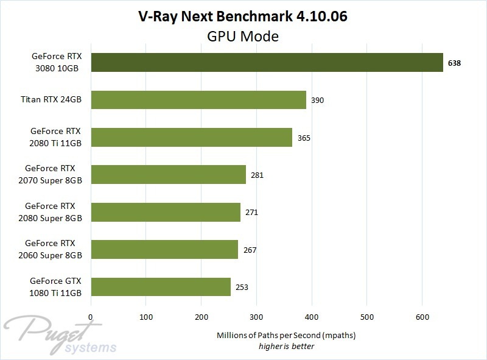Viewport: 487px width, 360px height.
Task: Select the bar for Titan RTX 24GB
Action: [x=198, y=100]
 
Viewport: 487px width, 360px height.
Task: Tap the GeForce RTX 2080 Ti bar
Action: [x=191, y=138]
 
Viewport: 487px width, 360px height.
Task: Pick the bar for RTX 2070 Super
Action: [x=168, y=175]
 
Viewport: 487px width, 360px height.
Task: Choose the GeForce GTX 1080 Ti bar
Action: [x=161, y=287]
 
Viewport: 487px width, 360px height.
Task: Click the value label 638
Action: [x=454, y=63]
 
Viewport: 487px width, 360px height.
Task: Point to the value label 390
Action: [x=317, y=101]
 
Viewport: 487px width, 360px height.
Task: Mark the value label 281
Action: [x=256, y=175]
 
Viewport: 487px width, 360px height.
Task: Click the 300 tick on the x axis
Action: [x=256, y=317]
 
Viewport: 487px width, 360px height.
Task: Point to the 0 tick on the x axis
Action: [x=91, y=317]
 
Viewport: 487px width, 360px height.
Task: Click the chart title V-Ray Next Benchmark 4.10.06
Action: [x=243, y=16]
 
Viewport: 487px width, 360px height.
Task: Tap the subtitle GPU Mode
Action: [x=243, y=36]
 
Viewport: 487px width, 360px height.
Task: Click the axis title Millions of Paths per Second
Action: [x=286, y=336]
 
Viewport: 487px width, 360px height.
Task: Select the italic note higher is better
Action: [x=286, y=347]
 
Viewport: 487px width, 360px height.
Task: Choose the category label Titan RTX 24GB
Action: [x=55, y=100]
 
